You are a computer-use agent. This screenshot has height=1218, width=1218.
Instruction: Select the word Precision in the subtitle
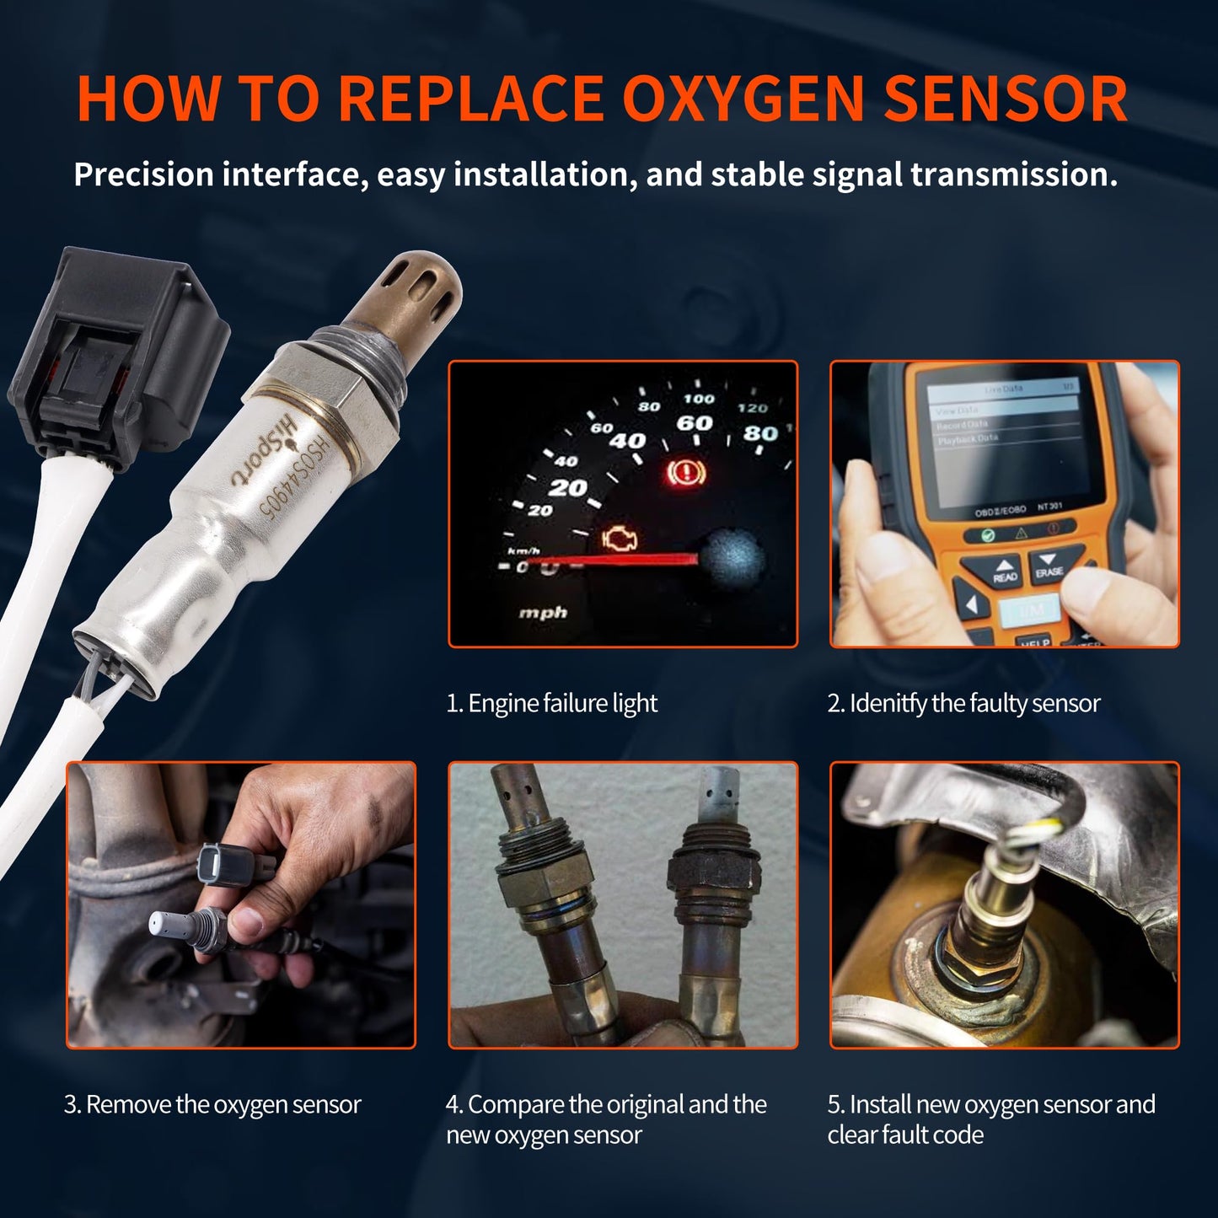[x=143, y=174]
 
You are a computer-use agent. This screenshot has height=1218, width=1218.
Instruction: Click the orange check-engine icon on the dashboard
[x=620, y=539]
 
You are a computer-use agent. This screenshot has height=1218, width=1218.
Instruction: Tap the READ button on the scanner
[x=1004, y=571]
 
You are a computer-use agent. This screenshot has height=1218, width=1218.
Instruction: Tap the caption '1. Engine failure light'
[x=551, y=703]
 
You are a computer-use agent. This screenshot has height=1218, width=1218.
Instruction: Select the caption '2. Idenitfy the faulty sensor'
[x=963, y=703]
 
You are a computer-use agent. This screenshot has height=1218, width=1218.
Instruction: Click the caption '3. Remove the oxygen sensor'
[x=212, y=1104]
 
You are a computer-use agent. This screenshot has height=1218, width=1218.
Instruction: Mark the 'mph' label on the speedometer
[x=543, y=612]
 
